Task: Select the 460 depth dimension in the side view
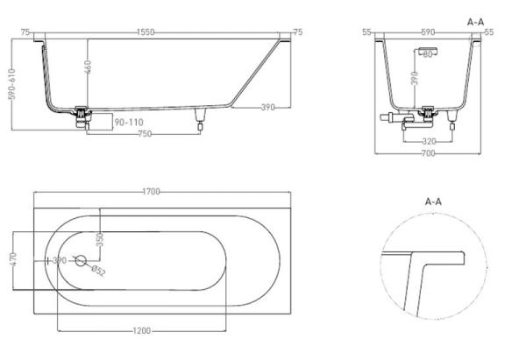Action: pos(87,68)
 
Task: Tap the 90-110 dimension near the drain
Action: pos(127,122)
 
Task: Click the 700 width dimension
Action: pos(427,152)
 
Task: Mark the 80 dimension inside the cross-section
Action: pos(429,55)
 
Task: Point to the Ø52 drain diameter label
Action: pos(98,272)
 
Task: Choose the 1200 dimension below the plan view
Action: pos(142,330)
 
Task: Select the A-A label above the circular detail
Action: pos(433,201)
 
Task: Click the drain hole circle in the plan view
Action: pos(81,261)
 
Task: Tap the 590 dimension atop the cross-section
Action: pos(428,32)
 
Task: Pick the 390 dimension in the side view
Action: pos(267,107)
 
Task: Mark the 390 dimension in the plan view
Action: pos(60,261)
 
